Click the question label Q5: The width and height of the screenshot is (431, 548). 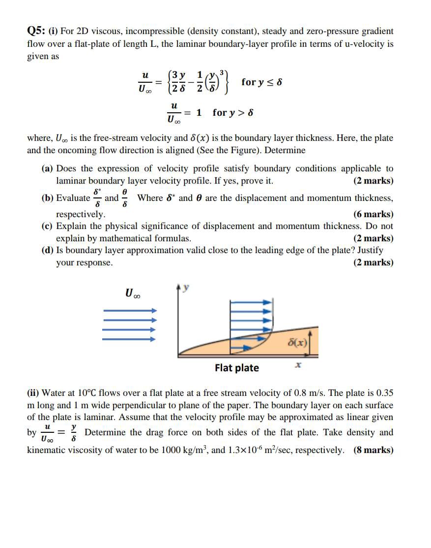[x=37, y=31]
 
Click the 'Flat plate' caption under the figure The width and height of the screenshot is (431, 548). [x=237, y=368]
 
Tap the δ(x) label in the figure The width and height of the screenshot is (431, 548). [x=298, y=341]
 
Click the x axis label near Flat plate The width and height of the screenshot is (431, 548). [x=298, y=365]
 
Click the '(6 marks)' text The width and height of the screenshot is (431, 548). [x=373, y=214]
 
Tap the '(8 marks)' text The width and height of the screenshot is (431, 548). [x=373, y=450]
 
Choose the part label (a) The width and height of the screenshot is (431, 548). [x=48, y=168]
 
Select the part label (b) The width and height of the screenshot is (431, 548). [x=48, y=198]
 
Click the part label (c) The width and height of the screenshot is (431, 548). [x=48, y=226]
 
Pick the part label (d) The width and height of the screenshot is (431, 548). [x=48, y=250]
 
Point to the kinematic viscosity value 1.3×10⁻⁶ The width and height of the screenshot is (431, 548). [x=251, y=450]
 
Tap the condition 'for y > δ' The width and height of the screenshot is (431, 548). [x=233, y=113]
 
